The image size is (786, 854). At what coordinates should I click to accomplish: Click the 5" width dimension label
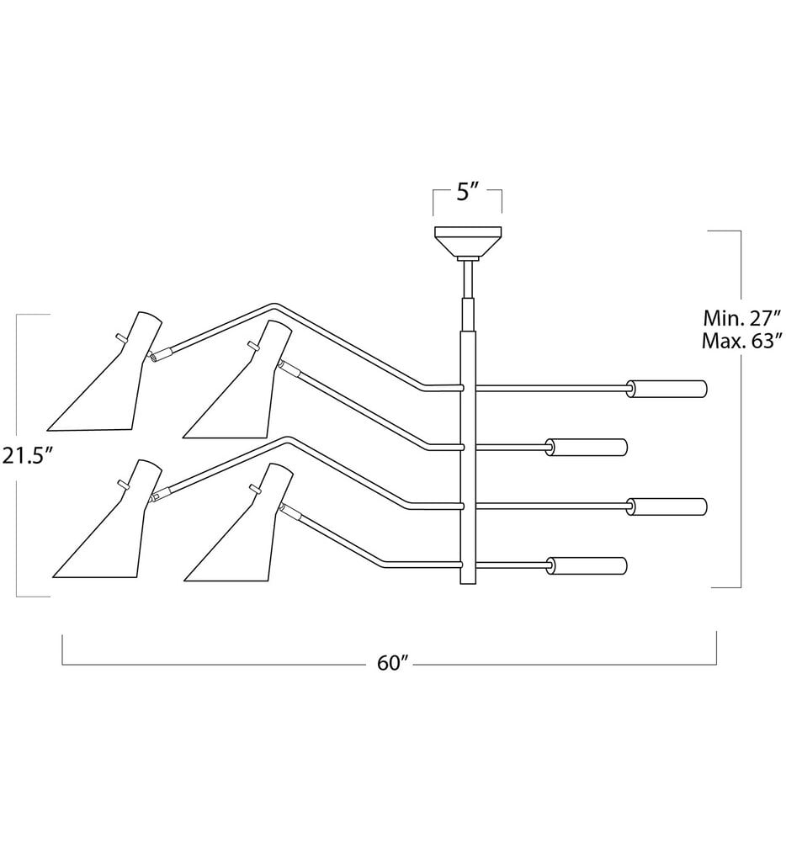point(467,193)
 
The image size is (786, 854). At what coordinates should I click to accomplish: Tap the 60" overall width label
point(392,663)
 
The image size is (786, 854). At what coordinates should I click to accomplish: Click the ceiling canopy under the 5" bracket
point(467,242)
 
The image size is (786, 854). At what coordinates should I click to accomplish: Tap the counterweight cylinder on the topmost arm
point(669,388)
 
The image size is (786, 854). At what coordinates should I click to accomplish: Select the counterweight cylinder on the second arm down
point(588,447)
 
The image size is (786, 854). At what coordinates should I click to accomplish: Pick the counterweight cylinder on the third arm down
point(669,506)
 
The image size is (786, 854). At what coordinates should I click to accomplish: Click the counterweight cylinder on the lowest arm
point(588,565)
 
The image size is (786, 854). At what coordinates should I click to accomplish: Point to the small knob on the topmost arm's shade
point(120,337)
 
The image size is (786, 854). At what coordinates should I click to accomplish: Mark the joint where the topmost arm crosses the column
point(462,388)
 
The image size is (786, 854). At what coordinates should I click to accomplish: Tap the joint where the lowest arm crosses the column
point(462,565)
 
